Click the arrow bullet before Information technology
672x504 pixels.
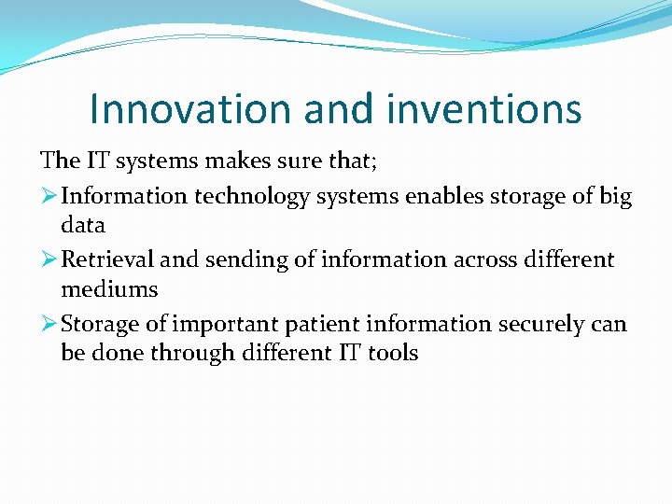[49, 197]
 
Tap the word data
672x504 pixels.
[83, 225]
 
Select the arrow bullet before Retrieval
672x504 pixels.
[49, 259]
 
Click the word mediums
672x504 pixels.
[109, 288]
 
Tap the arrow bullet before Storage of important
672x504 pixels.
[49, 324]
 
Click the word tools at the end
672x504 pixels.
[393, 353]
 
